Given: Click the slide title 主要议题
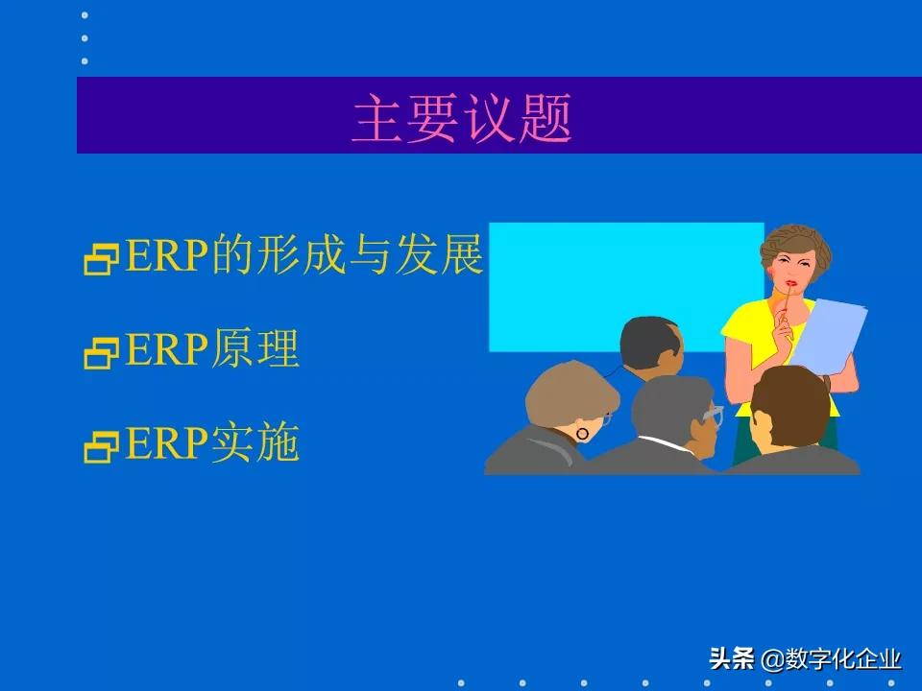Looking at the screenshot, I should click(462, 119).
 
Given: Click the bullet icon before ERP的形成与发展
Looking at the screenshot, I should click(100, 261).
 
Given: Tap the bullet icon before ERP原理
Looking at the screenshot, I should click(100, 354).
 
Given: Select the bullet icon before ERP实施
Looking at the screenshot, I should click(100, 445).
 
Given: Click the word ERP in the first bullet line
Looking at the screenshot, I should click(168, 256).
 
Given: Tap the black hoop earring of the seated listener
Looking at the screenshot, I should click(582, 434).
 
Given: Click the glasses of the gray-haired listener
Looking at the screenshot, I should click(713, 415).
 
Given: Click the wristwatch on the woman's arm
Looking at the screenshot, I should click(827, 381).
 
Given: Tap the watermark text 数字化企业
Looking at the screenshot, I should click(843, 660).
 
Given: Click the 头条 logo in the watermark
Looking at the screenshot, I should click(732, 660).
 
